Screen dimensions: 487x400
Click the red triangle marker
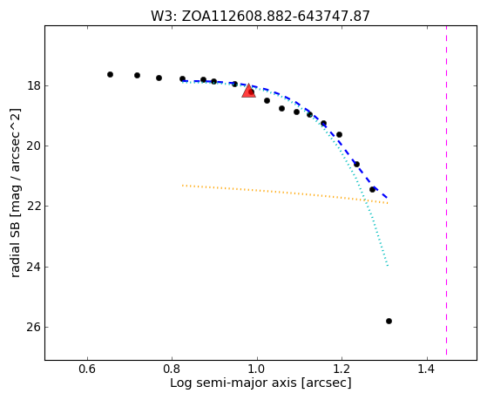point(248,91)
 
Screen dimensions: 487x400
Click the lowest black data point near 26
point(389,321)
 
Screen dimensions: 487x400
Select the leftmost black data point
point(110,75)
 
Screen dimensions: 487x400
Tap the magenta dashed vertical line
point(447,190)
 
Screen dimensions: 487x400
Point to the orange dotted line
point(285,193)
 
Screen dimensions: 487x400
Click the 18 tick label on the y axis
point(33,85)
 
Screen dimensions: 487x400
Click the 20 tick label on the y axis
point(33,146)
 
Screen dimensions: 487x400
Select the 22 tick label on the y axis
point(33,207)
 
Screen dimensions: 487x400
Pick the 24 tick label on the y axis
point(33,267)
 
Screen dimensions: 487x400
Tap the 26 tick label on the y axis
point(33,328)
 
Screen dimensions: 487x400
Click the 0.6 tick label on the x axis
point(87,369)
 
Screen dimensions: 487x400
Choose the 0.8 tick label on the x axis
point(172,369)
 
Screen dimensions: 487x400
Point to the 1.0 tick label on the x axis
point(257,369)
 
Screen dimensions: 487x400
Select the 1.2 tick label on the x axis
point(342,369)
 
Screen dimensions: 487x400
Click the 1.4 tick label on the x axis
point(427,369)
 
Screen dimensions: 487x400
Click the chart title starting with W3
point(260,16)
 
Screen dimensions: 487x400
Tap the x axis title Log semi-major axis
point(260,383)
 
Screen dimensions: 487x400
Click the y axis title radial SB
point(15,193)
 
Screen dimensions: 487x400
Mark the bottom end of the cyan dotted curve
point(388,266)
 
